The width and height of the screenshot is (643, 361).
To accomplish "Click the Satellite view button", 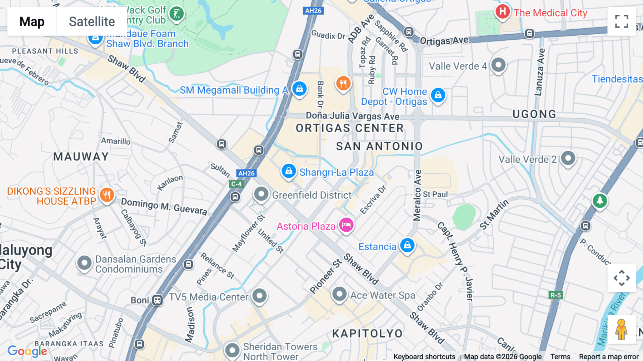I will pyautogui.click(x=92, y=21).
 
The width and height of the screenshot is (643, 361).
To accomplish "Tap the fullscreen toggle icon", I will pyautogui.click(x=622, y=21).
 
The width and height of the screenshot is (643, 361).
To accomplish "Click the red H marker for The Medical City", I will pyautogui.click(x=502, y=12).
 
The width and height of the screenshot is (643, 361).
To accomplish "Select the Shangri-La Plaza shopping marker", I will pyautogui.click(x=288, y=171).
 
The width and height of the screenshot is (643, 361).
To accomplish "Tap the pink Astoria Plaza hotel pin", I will pyautogui.click(x=346, y=225).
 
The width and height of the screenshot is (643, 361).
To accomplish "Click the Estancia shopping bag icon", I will pyautogui.click(x=407, y=246).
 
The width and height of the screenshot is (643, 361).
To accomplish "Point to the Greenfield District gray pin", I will pyautogui.click(x=261, y=194).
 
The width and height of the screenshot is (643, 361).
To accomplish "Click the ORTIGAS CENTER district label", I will pyautogui.click(x=349, y=128).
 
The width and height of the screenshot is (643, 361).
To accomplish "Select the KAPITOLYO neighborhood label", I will pyautogui.click(x=367, y=333).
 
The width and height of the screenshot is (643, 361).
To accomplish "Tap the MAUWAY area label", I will pyautogui.click(x=81, y=157).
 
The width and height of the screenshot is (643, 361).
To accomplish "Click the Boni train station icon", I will pyautogui.click(x=157, y=300).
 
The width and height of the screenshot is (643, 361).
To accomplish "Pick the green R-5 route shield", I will pyautogui.click(x=555, y=295).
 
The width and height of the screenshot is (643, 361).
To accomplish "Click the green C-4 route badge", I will pyautogui.click(x=236, y=184).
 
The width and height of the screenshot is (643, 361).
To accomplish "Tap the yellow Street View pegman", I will pyautogui.click(x=621, y=329).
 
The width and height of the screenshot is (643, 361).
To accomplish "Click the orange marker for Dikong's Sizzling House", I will pyautogui.click(x=106, y=195).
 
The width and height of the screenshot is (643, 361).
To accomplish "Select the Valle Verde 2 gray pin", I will pyautogui.click(x=568, y=158).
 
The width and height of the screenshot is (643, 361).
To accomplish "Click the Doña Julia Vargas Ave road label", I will pyautogui.click(x=353, y=116).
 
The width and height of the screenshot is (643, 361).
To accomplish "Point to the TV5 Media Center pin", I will pyautogui.click(x=259, y=296).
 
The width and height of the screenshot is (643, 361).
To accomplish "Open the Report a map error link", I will pyautogui.click(x=609, y=357).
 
